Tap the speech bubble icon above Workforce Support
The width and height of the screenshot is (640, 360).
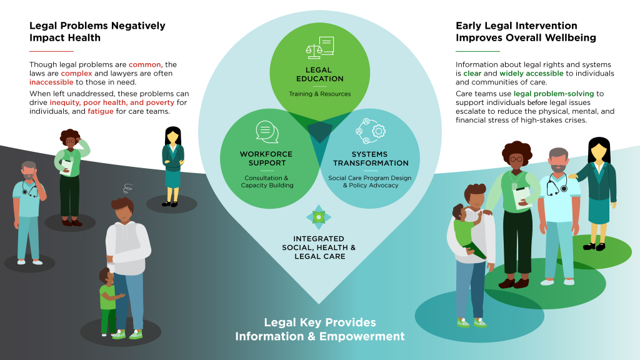(267, 131)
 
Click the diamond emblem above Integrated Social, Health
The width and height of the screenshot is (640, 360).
(319, 217)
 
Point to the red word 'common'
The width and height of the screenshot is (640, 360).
(145, 64)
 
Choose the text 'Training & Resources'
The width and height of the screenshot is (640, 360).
(319, 94)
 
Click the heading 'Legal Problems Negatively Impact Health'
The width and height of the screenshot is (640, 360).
(97, 32)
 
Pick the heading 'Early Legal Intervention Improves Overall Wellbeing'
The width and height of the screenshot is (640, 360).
(526, 32)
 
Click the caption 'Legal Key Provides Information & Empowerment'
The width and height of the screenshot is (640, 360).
(319, 329)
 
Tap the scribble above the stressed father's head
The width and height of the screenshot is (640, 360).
(127, 187)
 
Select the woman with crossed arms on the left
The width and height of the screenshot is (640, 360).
(172, 165)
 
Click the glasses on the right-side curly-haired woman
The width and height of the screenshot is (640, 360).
(516, 159)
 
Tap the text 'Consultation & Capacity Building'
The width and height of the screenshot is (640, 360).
(267, 181)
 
